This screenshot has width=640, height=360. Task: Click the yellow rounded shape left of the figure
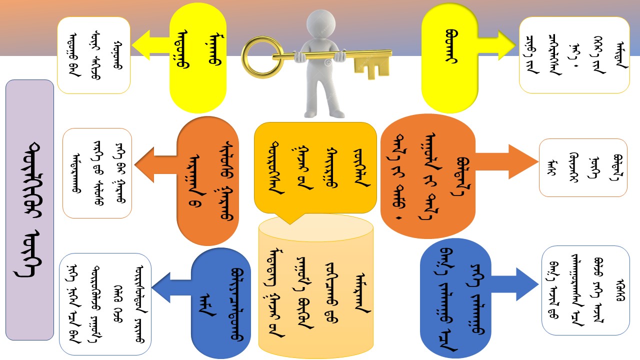197,57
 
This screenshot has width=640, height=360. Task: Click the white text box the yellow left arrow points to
93,55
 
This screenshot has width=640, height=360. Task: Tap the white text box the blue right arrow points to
585,290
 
